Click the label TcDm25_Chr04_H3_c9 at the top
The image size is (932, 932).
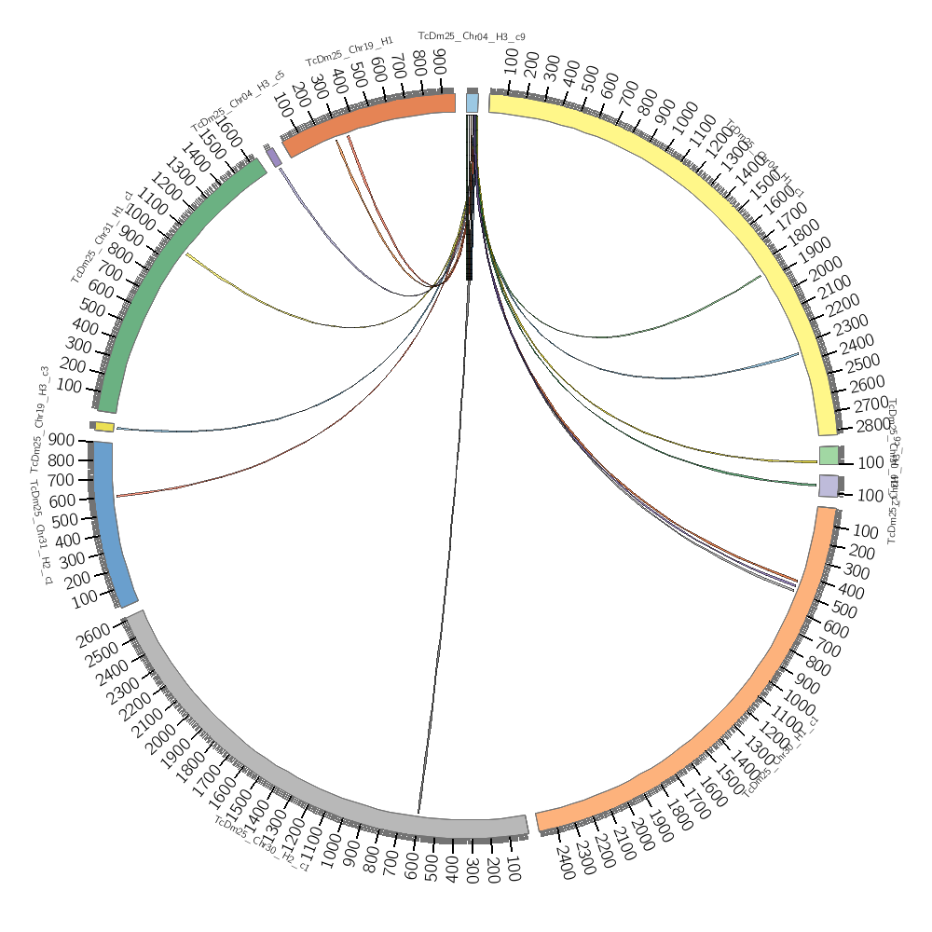pyautogui.click(x=472, y=36)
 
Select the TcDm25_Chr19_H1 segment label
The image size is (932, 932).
pyautogui.click(x=349, y=53)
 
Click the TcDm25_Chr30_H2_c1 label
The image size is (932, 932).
pyautogui.click(x=261, y=843)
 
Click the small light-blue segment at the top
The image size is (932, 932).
pyautogui.click(x=473, y=102)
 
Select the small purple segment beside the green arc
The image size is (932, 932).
pyautogui.click(x=274, y=157)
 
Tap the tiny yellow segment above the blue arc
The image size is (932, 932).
pyautogui.click(x=104, y=427)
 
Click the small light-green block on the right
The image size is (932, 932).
pyautogui.click(x=829, y=455)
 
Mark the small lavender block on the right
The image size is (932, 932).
pyautogui.click(x=829, y=485)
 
